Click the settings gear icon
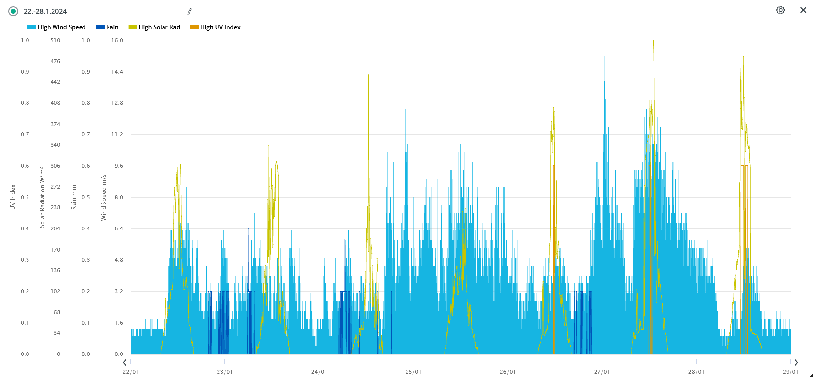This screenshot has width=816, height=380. pyautogui.click(x=780, y=10)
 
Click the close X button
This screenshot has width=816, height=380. pyautogui.click(x=803, y=10)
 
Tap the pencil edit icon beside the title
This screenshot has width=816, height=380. pyautogui.click(x=190, y=11)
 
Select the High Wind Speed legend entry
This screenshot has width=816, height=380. pyautogui.click(x=56, y=27)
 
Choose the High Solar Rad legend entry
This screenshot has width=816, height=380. pyautogui.click(x=154, y=27)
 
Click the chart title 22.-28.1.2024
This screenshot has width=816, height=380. pyautogui.click(x=45, y=11)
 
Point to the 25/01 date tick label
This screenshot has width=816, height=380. pyautogui.click(x=413, y=372)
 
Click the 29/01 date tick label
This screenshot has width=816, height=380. pyautogui.click(x=790, y=372)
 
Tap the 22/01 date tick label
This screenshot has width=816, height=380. pyautogui.click(x=131, y=372)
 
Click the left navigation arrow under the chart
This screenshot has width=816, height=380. pyautogui.click(x=125, y=363)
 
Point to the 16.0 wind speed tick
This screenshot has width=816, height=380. pyautogui.click(x=117, y=40)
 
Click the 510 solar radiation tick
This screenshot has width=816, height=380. pyautogui.click(x=55, y=40)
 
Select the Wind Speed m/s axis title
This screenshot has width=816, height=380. pyautogui.click(x=104, y=197)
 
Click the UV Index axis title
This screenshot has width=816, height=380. pyautogui.click(x=13, y=197)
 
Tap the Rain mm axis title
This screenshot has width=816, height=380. pyautogui.click(x=74, y=197)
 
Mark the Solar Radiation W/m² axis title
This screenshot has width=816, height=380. pyautogui.click(x=42, y=197)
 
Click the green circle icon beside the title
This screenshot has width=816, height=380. pyautogui.click(x=13, y=11)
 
